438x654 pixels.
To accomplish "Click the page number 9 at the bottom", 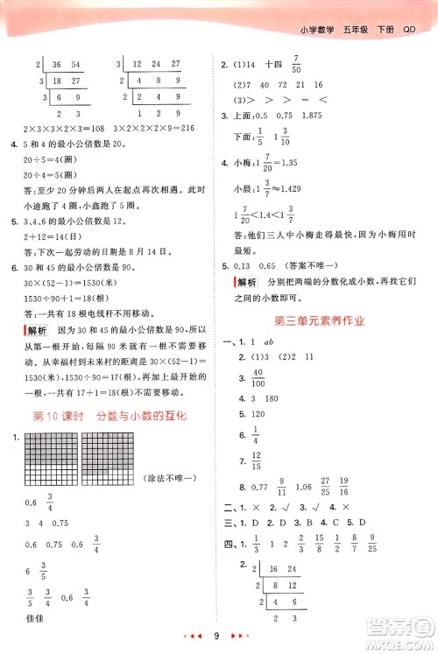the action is coord(215,634).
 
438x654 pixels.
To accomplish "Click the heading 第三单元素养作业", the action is coord(323,322).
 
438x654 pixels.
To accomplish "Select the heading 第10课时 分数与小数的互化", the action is coord(109,417).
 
